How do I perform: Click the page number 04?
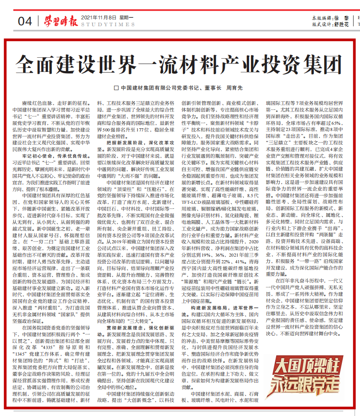click(25, 20)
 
